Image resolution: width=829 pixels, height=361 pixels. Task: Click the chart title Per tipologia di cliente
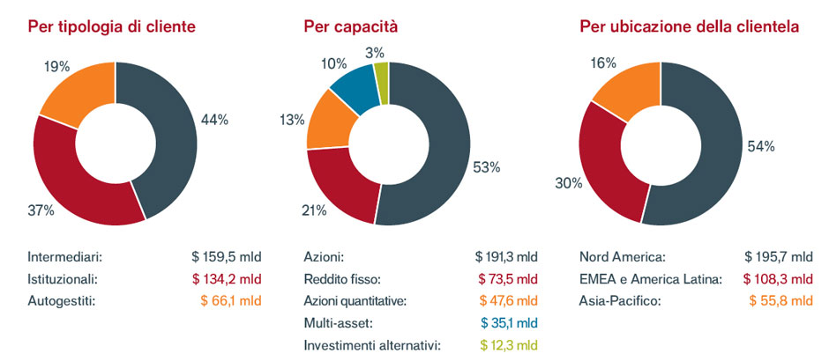click(112, 27)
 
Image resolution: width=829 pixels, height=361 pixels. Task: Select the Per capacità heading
click(350, 27)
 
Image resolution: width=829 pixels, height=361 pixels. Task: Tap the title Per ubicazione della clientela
click(690, 27)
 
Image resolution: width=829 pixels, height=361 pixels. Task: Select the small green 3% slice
click(381, 70)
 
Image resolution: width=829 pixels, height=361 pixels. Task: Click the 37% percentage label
click(41, 210)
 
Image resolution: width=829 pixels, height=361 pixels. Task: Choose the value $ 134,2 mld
click(227, 279)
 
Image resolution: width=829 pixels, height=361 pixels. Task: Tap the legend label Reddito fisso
click(341, 279)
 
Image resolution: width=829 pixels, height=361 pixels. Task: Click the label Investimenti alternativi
click(372, 345)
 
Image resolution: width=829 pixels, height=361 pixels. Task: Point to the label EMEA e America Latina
click(651, 279)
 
